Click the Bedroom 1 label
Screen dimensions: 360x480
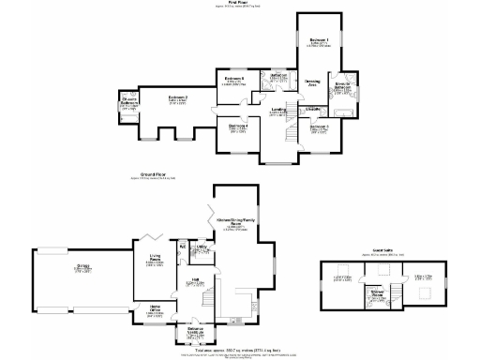coord(319,40)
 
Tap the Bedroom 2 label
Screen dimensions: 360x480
coord(178,97)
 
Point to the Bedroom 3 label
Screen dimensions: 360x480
coord(320,126)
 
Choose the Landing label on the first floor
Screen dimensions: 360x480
coord(278,110)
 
